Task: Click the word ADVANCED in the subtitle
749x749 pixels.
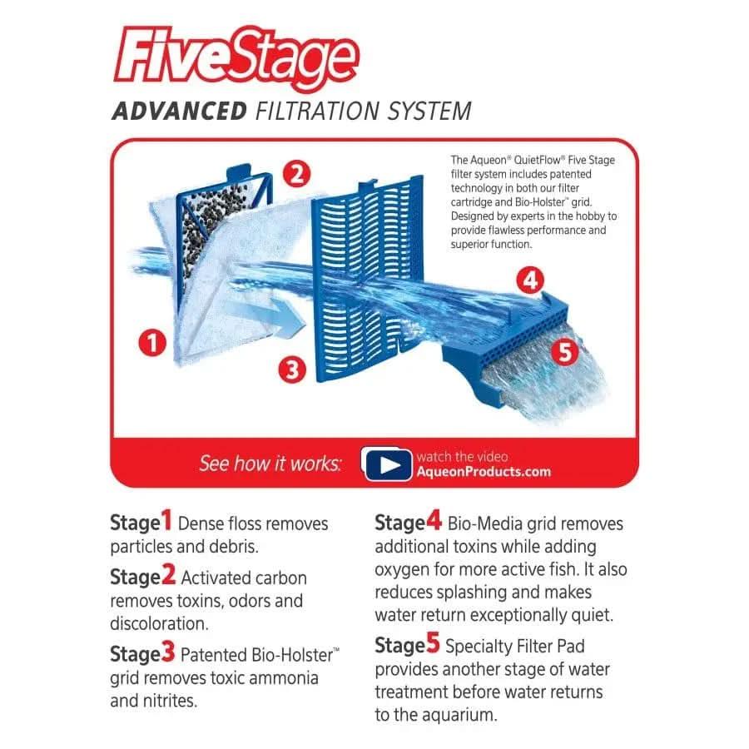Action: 179,112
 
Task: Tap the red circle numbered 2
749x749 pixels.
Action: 297,175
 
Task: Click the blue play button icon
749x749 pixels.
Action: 388,464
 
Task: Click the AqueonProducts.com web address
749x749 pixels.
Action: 484,472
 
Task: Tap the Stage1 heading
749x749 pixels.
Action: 141,523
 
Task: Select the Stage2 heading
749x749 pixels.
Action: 142,577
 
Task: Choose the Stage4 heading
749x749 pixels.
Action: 408,523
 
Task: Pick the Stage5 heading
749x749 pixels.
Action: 407,645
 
